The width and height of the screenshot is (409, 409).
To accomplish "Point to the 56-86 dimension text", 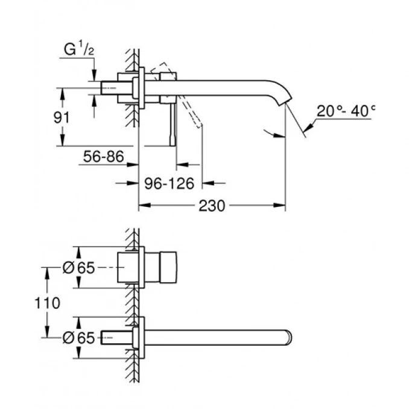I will [x=103, y=157].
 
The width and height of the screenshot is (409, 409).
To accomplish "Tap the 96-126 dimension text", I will [x=170, y=182].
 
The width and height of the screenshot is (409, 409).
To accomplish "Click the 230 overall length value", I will [x=212, y=206].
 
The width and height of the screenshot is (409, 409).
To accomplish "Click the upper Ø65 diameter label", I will [x=79, y=269].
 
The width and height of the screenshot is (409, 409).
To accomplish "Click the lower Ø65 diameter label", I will [x=79, y=338].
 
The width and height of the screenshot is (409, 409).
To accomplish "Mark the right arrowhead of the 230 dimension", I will [x=281, y=206].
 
